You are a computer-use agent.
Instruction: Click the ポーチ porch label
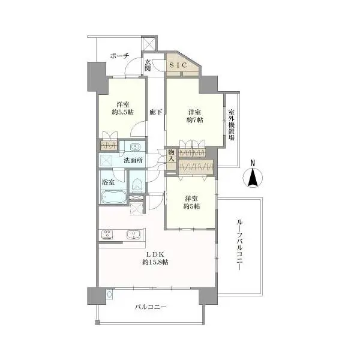[119, 56]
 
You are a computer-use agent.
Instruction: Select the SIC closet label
[178, 65]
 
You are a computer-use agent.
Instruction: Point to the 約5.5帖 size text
[122, 111]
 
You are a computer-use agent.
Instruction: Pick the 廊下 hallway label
[155, 112]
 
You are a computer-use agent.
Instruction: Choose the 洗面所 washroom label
[133, 161]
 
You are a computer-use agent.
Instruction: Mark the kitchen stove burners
[108, 234]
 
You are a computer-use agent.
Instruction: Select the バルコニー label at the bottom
[150, 307]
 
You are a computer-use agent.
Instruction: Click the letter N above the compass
[253, 163]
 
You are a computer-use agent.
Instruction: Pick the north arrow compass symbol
[253, 178]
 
